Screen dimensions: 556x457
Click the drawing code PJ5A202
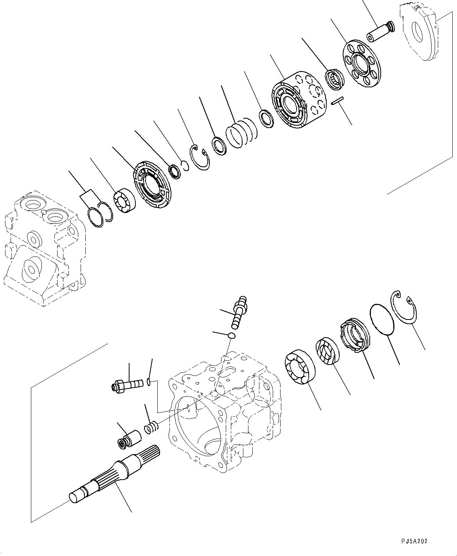414,542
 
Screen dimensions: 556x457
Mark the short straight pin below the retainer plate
336,101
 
